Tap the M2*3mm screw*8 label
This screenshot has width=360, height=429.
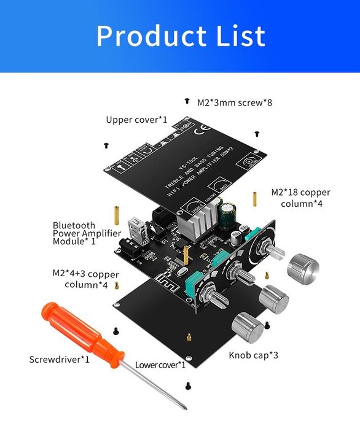234,102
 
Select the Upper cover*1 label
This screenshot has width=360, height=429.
136,120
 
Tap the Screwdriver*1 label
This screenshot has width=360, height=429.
60,358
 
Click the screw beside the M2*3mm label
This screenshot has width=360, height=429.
187,100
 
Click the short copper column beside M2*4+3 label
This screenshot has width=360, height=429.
117,285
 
